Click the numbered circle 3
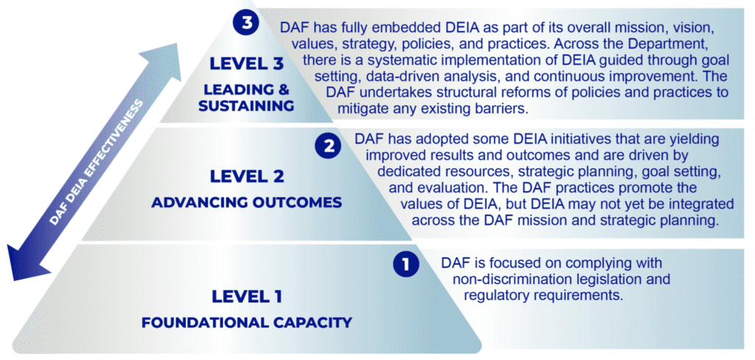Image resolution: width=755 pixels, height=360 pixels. pyautogui.click(x=246, y=24)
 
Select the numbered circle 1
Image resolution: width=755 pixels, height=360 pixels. pyautogui.click(x=406, y=265)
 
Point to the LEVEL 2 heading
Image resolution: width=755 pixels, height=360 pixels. pyautogui.click(x=246, y=176)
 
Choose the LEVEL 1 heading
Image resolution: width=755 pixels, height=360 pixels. pyautogui.click(x=246, y=297)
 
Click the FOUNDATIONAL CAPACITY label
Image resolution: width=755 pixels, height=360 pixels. pyautogui.click(x=246, y=322)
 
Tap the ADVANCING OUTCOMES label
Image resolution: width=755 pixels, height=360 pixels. pyautogui.click(x=246, y=202)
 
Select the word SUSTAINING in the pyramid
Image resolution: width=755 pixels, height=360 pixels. pyautogui.click(x=246, y=105)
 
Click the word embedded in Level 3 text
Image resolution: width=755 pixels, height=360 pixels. pyautogui.click(x=392, y=28)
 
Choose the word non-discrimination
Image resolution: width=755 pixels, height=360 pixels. pyautogui.click(x=507, y=279)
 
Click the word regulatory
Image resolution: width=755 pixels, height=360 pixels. pyautogui.click(x=490, y=295)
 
